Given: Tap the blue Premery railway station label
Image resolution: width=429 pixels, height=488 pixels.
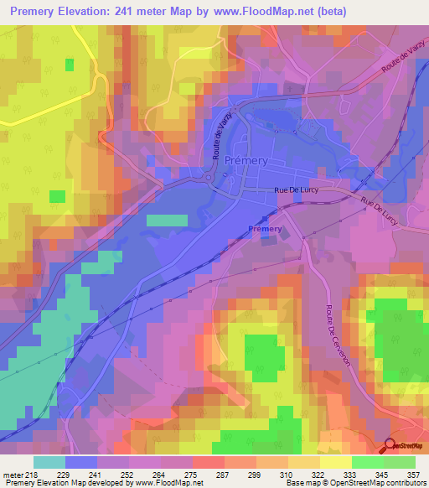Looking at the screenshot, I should point(265,229).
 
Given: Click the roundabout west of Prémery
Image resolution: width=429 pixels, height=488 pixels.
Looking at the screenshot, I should point(209,177).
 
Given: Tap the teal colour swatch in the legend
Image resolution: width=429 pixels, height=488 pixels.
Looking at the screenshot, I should point(49,462).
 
